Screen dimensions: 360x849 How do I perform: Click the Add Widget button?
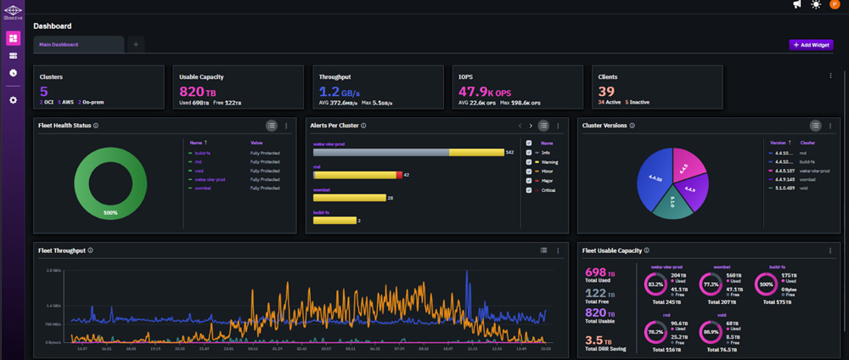[811, 44]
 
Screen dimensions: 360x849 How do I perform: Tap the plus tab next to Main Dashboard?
[137, 44]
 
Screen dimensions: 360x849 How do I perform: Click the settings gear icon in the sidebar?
[13, 100]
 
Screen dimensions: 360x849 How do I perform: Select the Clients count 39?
[606, 92]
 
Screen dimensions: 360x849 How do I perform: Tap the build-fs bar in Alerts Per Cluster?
[334, 221]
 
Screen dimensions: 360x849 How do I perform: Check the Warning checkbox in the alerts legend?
[529, 162]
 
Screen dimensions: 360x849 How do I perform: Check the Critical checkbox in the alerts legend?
[529, 190]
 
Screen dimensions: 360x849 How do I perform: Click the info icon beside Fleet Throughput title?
[91, 250]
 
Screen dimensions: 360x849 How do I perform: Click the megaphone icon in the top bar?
[797, 5]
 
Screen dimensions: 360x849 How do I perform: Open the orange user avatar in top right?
[835, 5]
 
